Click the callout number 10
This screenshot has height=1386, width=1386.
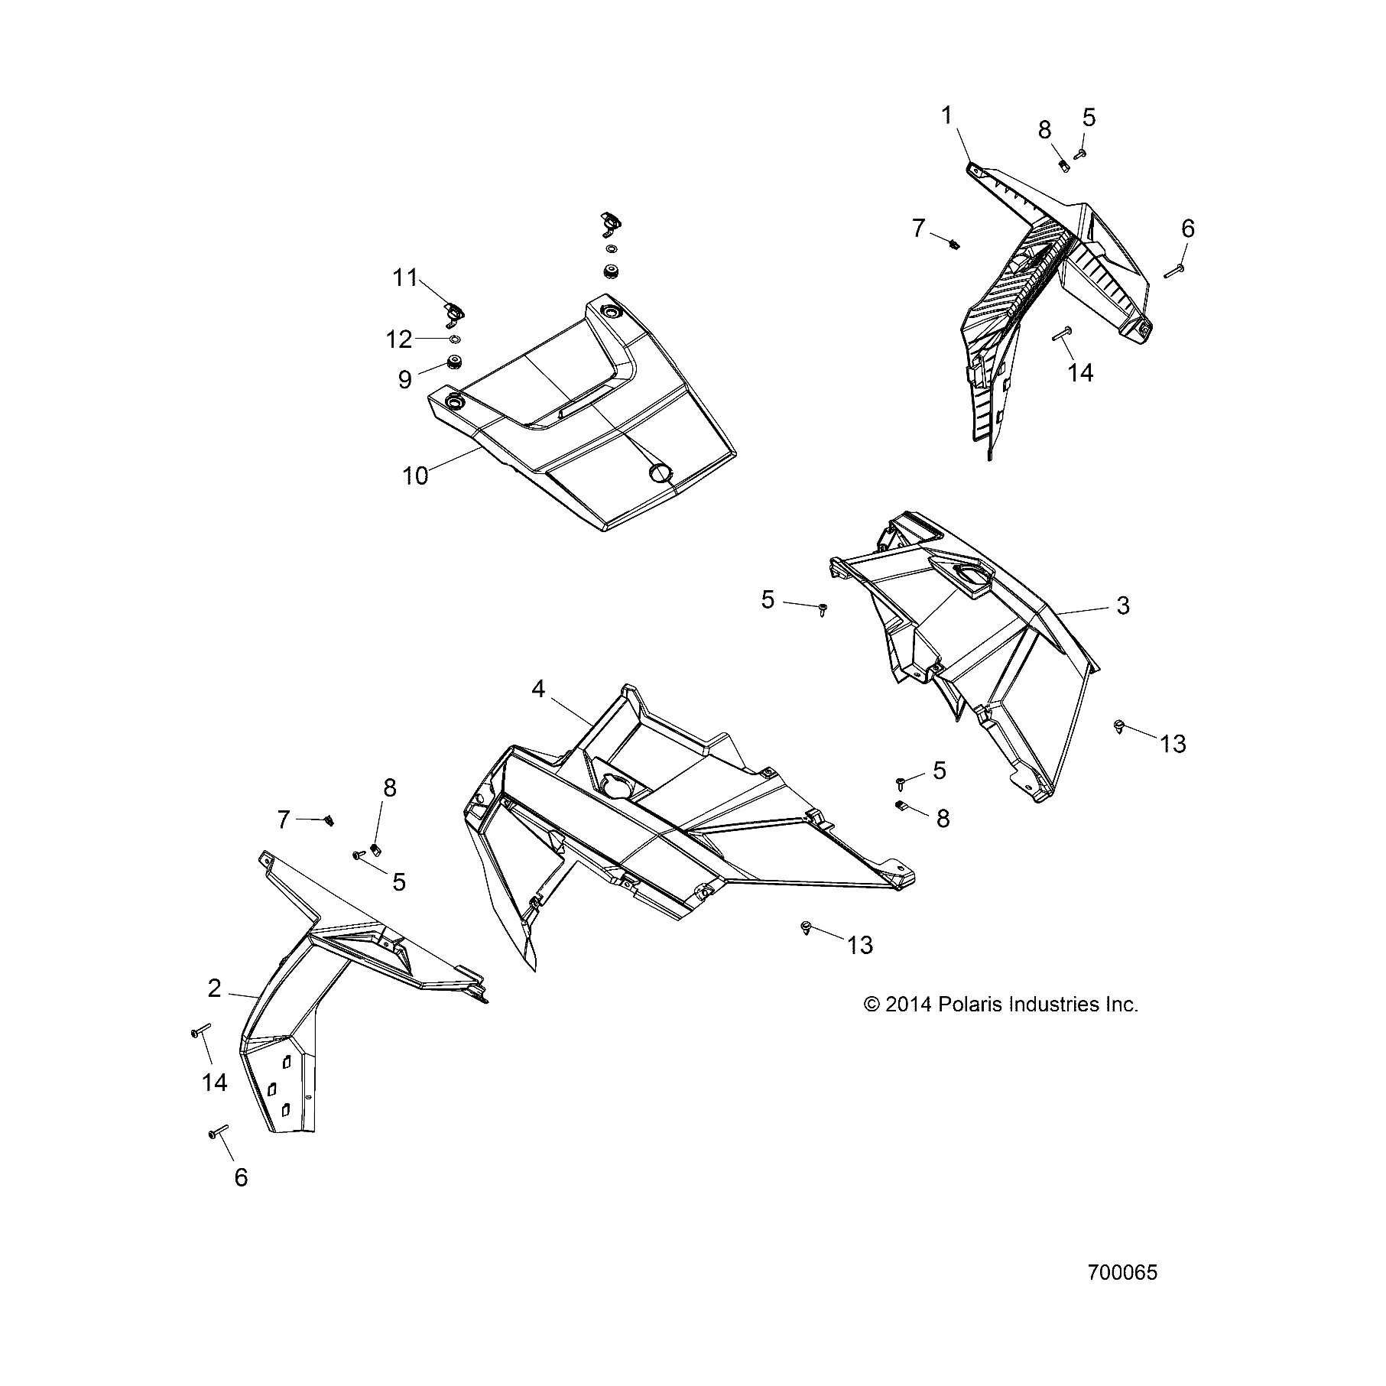(415, 476)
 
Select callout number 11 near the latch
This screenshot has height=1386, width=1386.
(405, 278)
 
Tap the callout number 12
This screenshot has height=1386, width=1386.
(398, 339)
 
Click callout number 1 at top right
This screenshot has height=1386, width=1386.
(947, 116)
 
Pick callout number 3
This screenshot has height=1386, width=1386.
(1122, 605)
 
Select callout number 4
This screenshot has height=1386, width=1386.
(538, 689)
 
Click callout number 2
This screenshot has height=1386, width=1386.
(214, 988)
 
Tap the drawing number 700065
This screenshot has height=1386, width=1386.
(1122, 1273)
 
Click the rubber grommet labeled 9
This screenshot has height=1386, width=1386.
(455, 362)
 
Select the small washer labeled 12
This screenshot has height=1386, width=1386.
(453, 339)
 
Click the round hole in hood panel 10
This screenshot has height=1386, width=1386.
(659, 473)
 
